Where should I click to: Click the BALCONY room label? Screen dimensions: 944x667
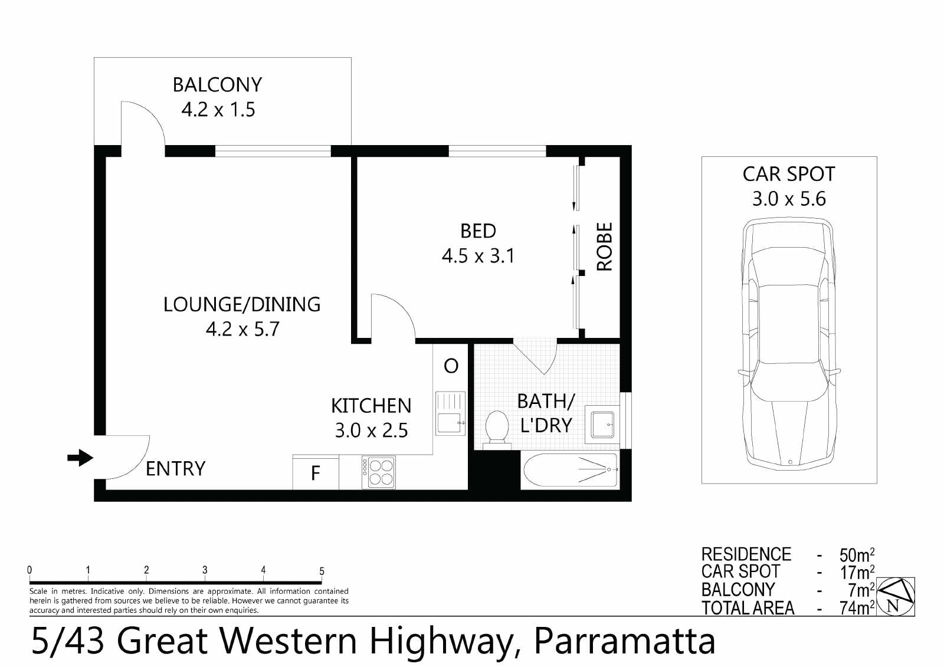[x=218, y=85]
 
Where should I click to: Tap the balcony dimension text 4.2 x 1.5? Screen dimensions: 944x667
[x=218, y=110]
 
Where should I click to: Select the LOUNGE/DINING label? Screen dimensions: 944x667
[x=242, y=304]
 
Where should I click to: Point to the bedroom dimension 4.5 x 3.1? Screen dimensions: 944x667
[x=478, y=256]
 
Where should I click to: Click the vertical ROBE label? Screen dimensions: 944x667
[x=605, y=247]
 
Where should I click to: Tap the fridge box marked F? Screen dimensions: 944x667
[x=316, y=472]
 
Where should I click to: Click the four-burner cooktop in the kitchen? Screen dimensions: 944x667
[x=378, y=472]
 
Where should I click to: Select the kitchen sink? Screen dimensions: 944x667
[x=450, y=413]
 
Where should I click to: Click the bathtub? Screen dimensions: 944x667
[x=571, y=470]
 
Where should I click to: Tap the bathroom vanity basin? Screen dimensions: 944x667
[x=602, y=425]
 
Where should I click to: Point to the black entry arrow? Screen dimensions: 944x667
[x=80, y=458]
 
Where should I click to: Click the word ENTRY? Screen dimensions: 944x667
[x=176, y=468]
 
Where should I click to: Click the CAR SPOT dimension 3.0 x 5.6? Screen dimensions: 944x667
[x=789, y=199]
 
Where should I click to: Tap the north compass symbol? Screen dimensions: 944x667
[x=896, y=597]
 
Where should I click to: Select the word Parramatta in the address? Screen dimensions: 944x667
[x=625, y=641]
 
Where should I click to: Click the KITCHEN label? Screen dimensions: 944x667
[x=371, y=406]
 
